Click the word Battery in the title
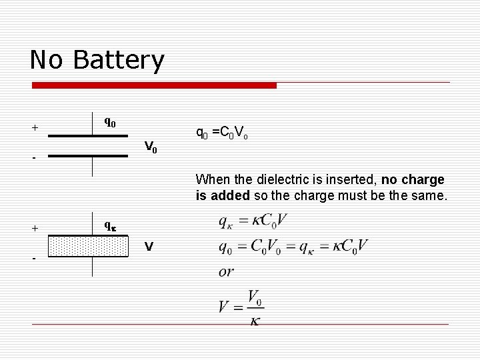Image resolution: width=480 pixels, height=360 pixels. pos(119,61)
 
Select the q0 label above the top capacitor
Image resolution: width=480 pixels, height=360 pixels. pos(110,122)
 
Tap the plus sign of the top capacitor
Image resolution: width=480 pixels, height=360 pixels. pos(35,127)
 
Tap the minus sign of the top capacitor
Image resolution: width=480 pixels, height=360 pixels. pos(34,159)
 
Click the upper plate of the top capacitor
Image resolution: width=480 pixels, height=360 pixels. pos(87,136)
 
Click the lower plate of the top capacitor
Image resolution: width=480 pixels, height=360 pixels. pos(87,156)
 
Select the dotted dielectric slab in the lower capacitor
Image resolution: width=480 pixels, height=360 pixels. pos(89,246)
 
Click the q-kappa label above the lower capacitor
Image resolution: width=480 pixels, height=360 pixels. pos(110,225)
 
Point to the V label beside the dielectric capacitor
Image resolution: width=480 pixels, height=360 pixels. pos(149,247)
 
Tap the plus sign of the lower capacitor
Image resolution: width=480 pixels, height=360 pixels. pos(35,228)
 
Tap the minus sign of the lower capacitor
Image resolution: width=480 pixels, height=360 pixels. pos(34,259)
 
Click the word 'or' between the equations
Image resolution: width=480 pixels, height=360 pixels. pos(227,272)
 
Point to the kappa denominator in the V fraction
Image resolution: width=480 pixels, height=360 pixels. pos(254,321)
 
